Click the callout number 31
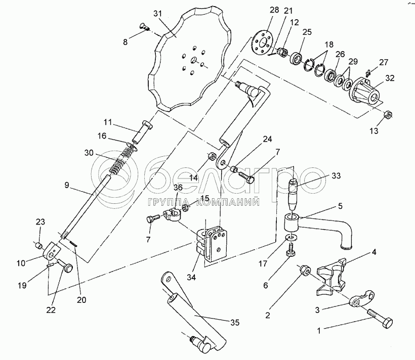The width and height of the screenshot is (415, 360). [157, 14]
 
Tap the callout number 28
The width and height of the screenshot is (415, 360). [274, 10]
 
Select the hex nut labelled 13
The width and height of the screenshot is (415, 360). [388, 115]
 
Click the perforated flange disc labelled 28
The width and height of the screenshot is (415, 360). [262, 43]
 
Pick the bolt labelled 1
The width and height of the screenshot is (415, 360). [380, 319]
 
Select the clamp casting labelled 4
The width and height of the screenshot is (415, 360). [331, 276]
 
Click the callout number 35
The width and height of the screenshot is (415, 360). [235, 322]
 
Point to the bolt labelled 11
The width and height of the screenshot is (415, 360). [142, 132]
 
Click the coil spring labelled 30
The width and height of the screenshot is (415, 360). [120, 162]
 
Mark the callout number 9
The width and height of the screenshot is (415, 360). [67, 185]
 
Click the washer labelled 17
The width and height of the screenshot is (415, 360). [292, 237]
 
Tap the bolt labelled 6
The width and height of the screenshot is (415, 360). [290, 249]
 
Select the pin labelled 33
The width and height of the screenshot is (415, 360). [294, 193]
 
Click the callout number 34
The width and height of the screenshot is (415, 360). [191, 278]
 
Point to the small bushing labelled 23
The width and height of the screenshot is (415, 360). [39, 246]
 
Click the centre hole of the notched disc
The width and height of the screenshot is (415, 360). [194, 60]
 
